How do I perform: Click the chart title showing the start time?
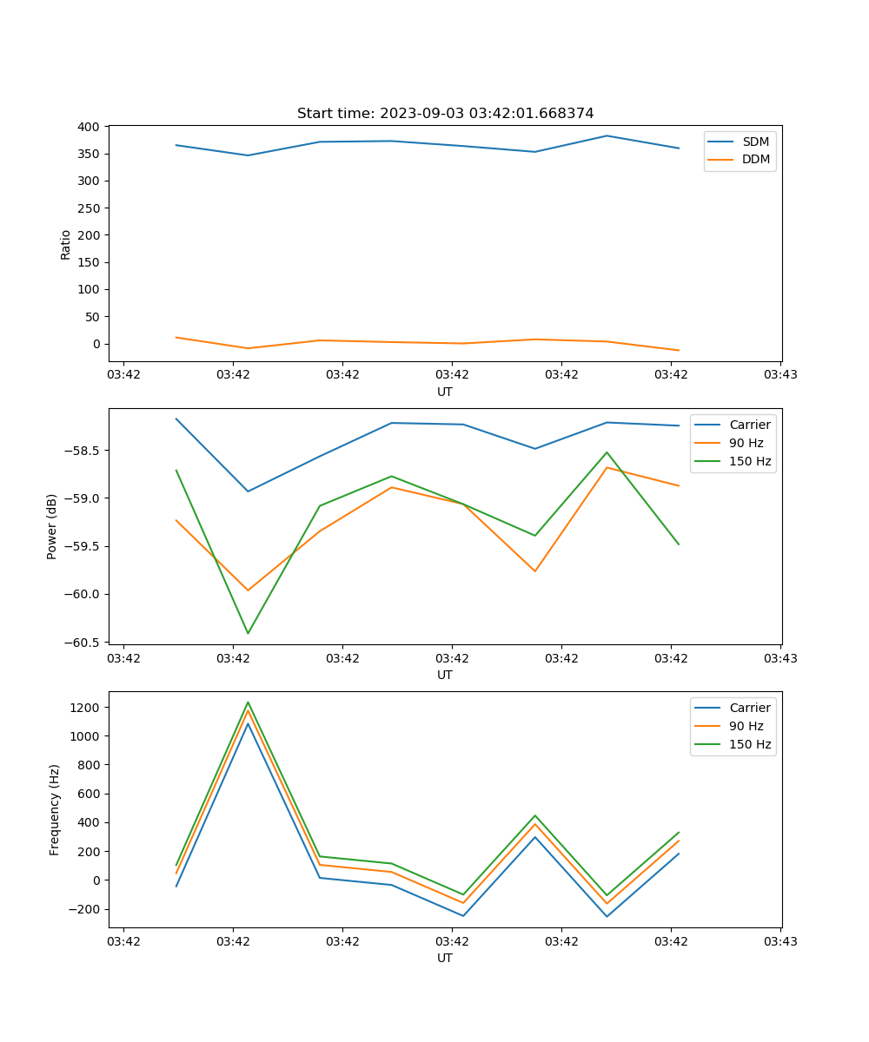[x=445, y=114]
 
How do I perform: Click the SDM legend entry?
[x=755, y=142]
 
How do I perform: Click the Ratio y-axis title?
[x=66, y=244]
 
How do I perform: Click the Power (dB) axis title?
[x=52, y=526]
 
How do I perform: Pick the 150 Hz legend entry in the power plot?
[x=750, y=461]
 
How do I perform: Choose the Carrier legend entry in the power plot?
[x=750, y=425]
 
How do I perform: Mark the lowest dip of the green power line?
[x=248, y=633]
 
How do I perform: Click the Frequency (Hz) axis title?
[x=55, y=809]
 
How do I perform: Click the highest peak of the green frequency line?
[x=248, y=702]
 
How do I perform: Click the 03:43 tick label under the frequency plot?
[x=780, y=941]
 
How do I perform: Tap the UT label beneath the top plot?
[x=445, y=392]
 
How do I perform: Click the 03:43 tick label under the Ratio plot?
[x=780, y=375]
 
